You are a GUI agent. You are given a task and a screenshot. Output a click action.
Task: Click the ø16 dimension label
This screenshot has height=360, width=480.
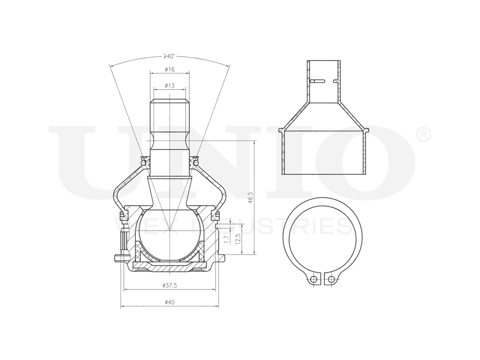point(169,70)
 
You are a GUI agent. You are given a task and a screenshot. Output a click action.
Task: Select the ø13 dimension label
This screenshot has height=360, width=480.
point(169,85)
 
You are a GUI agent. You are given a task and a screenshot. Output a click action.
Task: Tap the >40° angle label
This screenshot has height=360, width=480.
point(169,56)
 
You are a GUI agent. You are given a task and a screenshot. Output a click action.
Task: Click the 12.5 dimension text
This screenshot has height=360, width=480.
point(239,239)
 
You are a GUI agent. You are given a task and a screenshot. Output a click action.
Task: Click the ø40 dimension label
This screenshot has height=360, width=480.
point(169,302)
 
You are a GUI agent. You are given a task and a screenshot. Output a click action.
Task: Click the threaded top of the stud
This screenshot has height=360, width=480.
point(169,115)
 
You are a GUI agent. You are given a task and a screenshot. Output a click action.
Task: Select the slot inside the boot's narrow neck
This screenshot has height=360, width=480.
point(323,81)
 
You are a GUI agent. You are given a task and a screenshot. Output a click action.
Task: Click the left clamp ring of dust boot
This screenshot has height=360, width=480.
point(144,162)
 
